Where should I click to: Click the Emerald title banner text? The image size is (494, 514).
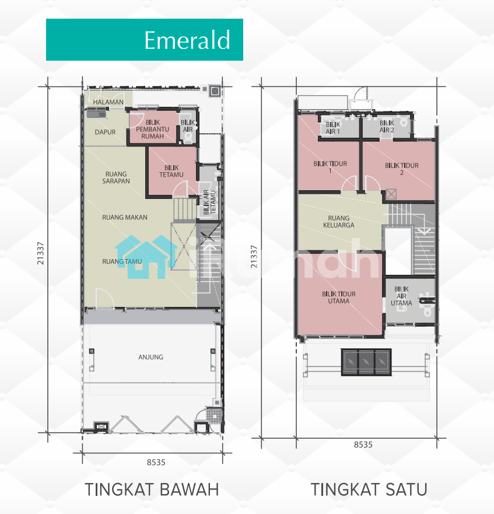pos(187,40)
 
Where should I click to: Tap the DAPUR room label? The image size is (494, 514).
pos(105,132)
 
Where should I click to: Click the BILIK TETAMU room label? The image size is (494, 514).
pos(171,171)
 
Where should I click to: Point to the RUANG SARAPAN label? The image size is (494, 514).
pos(116,177)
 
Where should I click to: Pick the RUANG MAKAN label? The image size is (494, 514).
pos(125,218)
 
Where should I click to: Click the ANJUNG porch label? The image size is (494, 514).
pos(151,357)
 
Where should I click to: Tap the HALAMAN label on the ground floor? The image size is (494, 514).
pos(108,102)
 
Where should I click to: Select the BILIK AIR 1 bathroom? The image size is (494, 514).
pos(332,128)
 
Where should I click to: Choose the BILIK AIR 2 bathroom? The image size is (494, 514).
pos(387,127)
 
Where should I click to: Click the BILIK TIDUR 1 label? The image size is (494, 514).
pos(330,167)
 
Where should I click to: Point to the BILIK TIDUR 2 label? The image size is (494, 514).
pos(402,169)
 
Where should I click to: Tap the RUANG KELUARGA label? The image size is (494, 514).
pos(339,222)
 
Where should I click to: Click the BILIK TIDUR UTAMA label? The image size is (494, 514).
pos(339,298)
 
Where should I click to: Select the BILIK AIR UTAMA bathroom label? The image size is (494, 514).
pos(401,296)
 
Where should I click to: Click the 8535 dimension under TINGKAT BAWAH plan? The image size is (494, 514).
pos(156,463)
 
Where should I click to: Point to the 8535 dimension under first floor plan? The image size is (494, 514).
pos(363,445)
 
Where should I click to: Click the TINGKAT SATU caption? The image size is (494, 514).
pos(369,489)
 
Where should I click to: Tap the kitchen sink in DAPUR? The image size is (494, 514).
pos(96,114)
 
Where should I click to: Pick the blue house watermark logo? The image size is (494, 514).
pos(146,257)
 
